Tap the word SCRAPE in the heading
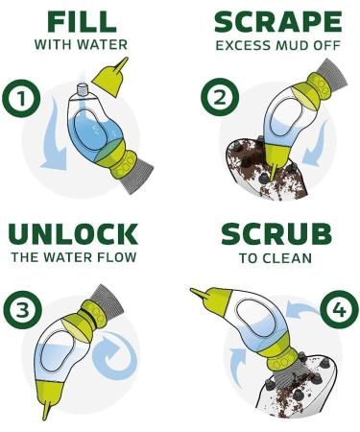pos(276,21)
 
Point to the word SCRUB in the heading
pos(276,234)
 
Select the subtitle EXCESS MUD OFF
pos(276,44)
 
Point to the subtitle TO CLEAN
pos(276,256)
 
